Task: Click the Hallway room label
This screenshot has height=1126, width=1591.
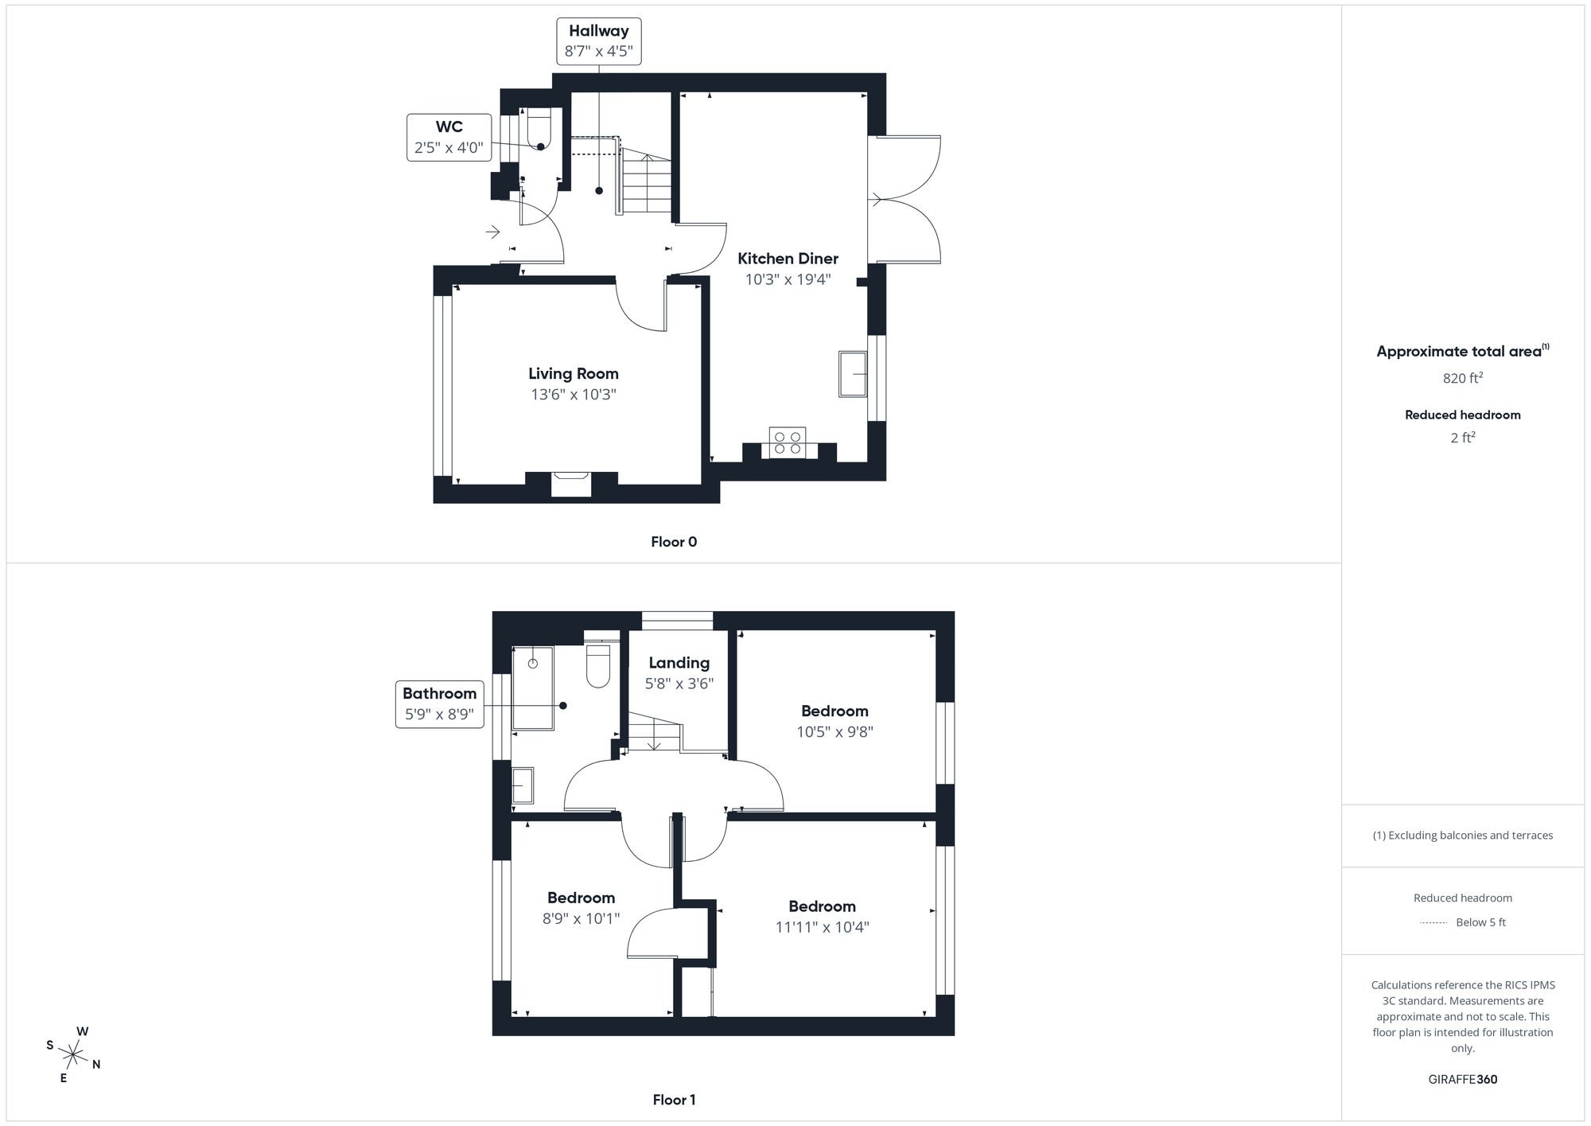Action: [x=598, y=31]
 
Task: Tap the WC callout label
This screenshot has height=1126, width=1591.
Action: [x=449, y=127]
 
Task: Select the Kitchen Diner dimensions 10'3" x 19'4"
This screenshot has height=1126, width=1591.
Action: [x=788, y=279]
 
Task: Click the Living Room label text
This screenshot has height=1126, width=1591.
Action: [x=573, y=373]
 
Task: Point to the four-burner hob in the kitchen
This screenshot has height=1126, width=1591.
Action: [x=787, y=442]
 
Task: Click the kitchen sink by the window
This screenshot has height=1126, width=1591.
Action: [x=852, y=374]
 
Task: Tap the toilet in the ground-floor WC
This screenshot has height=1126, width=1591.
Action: [x=539, y=129]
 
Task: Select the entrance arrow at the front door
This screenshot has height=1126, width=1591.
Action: [x=492, y=232]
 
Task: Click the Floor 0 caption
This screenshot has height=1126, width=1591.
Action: [x=673, y=542]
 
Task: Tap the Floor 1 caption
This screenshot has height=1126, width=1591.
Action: [x=673, y=1100]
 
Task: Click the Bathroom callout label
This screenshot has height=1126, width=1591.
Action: [x=439, y=693]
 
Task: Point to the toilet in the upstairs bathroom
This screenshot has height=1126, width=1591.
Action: [x=597, y=666]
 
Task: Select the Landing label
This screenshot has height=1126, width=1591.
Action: [x=679, y=663]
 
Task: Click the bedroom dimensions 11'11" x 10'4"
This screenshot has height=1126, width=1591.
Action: [x=822, y=927]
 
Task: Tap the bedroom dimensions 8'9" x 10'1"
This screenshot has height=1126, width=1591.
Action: [x=581, y=918]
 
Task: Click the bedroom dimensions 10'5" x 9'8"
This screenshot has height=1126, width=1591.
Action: [x=834, y=732]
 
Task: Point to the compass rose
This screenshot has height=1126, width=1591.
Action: [x=73, y=1055]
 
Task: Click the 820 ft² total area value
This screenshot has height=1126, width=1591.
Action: [x=1462, y=379]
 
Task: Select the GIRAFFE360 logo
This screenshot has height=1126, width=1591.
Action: [x=1462, y=1080]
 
